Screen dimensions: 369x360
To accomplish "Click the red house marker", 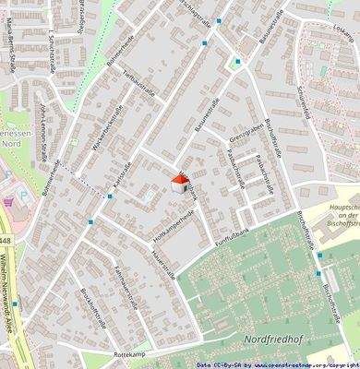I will coord(180,183).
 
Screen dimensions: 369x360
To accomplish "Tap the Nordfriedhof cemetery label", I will coord(273,339).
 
